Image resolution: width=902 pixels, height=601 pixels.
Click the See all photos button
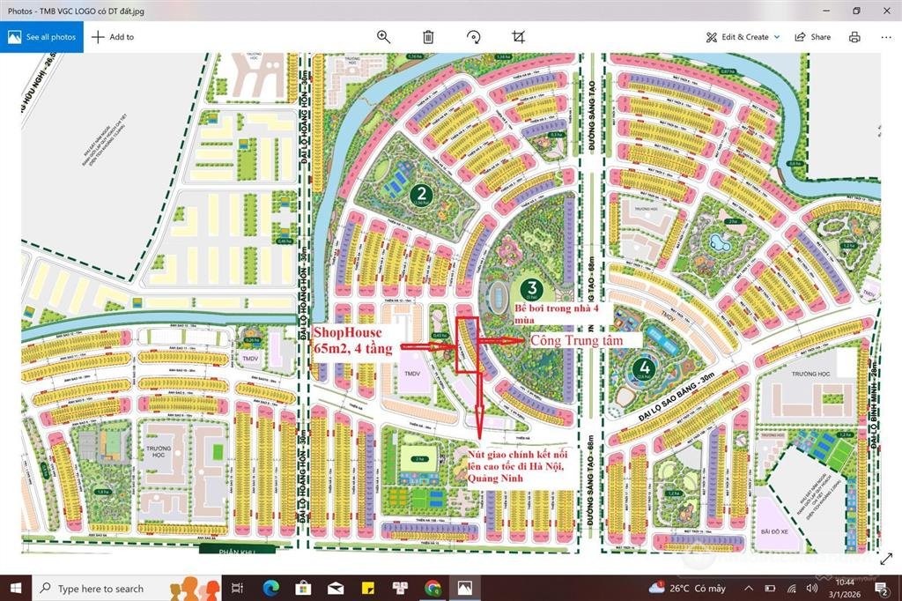tap(41, 37)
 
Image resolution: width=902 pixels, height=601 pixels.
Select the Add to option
tap(113, 37)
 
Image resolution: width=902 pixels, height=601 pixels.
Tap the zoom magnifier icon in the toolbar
tap(383, 37)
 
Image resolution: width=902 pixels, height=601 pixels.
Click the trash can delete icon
tap(428, 37)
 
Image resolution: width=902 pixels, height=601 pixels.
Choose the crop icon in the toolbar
tap(518, 37)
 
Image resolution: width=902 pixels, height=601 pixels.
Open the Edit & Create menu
tap(743, 37)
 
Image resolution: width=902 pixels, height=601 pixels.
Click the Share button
tap(812, 37)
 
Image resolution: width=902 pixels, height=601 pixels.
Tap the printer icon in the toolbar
tap(854, 37)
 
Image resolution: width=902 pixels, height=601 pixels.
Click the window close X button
tap(885, 11)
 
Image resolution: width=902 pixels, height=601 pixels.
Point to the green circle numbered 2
tap(423, 194)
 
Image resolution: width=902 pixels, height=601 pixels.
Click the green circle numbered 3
tap(530, 287)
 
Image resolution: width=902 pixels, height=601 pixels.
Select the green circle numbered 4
tap(646, 367)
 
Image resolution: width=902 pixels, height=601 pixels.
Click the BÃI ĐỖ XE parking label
tap(772, 530)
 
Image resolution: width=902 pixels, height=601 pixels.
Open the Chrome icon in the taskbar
tap(432, 588)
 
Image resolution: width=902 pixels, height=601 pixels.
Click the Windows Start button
tap(15, 588)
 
